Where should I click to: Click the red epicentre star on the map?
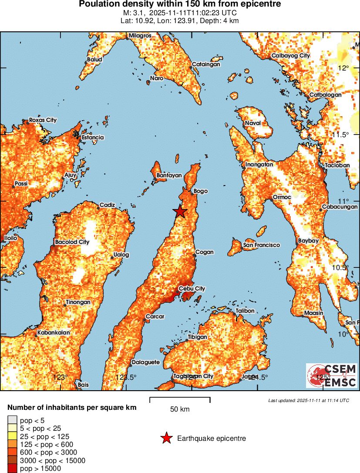point(179,212)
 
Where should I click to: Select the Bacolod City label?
point(72,242)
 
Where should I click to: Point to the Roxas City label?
point(43,120)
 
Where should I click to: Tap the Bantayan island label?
point(168,175)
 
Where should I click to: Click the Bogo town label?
point(201,191)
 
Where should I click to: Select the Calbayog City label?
point(290,56)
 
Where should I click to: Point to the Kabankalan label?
point(54,332)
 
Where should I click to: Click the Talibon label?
point(245,311)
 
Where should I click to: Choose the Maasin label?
point(313,313)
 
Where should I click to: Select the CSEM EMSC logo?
point(332,375)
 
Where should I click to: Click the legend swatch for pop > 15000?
point(12,469)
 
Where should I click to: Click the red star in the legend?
point(166,439)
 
